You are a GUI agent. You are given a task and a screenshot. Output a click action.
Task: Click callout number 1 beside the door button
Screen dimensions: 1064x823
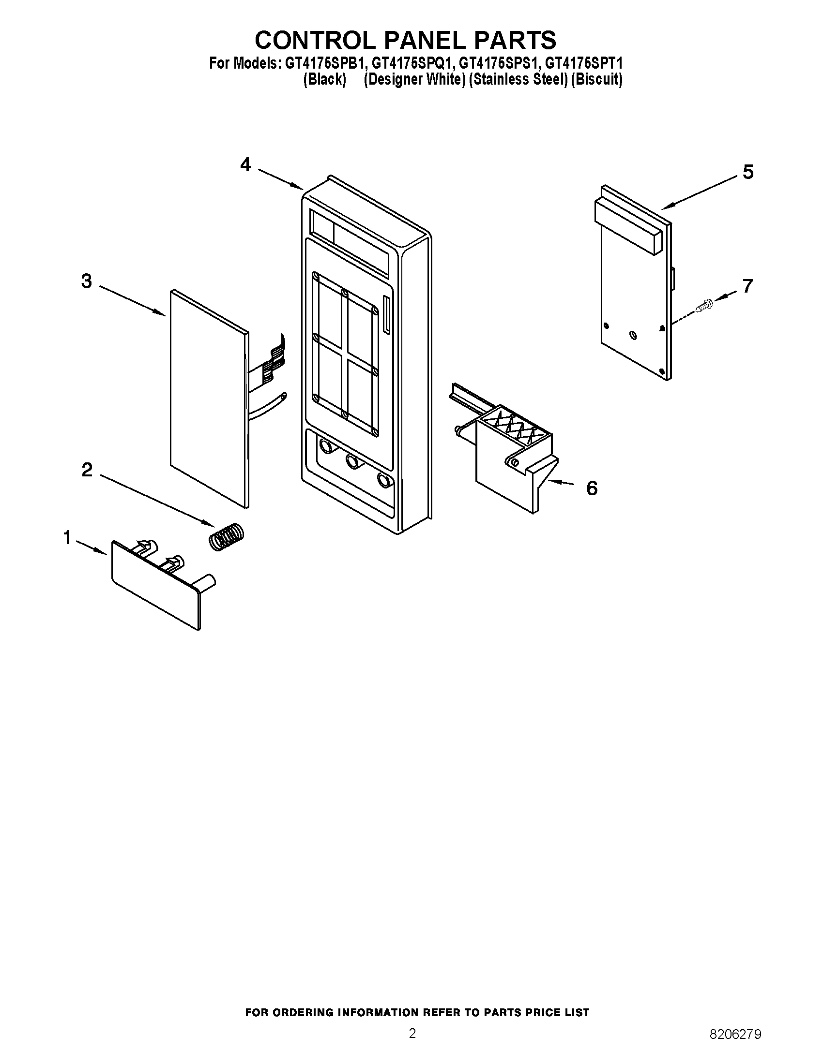tap(67, 538)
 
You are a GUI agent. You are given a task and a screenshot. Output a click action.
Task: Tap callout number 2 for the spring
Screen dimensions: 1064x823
tap(87, 470)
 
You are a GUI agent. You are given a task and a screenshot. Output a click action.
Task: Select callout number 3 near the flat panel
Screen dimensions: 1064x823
tap(86, 281)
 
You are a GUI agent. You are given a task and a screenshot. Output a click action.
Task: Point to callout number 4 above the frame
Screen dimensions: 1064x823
tap(245, 164)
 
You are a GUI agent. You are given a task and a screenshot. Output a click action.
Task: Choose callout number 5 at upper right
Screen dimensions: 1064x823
tap(747, 172)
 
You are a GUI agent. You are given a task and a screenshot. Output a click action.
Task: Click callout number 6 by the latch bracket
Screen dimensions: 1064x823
tap(592, 488)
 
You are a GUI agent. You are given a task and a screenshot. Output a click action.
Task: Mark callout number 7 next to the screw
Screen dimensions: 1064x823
tap(747, 286)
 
